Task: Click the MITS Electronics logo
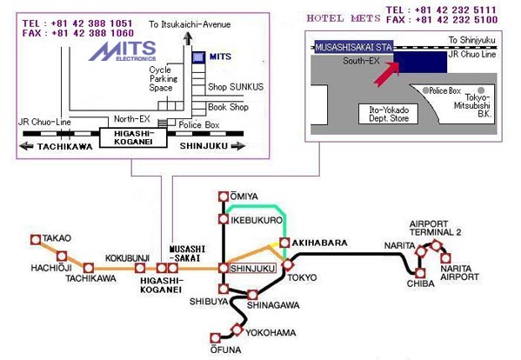[x=123, y=51]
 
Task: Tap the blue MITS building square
[x=198, y=57]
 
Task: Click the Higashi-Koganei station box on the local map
[x=133, y=137]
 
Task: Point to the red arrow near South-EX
[x=386, y=74]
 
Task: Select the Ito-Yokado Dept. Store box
[x=388, y=114]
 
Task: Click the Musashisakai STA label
[x=354, y=47]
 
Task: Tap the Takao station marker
[x=36, y=239]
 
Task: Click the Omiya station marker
[x=224, y=197]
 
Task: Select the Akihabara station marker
[x=284, y=243]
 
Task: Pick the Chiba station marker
[x=420, y=273]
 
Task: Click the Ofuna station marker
[x=216, y=338]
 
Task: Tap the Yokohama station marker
[x=237, y=330]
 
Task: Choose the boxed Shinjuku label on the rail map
[x=253, y=269]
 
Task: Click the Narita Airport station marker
[x=445, y=258]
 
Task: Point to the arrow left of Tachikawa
[x=26, y=146]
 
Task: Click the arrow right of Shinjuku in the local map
[x=238, y=146]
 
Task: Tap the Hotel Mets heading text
[x=344, y=18]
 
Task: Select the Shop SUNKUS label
[x=236, y=87]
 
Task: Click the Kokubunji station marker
[x=140, y=268]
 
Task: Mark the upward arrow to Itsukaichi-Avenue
[x=188, y=38]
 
